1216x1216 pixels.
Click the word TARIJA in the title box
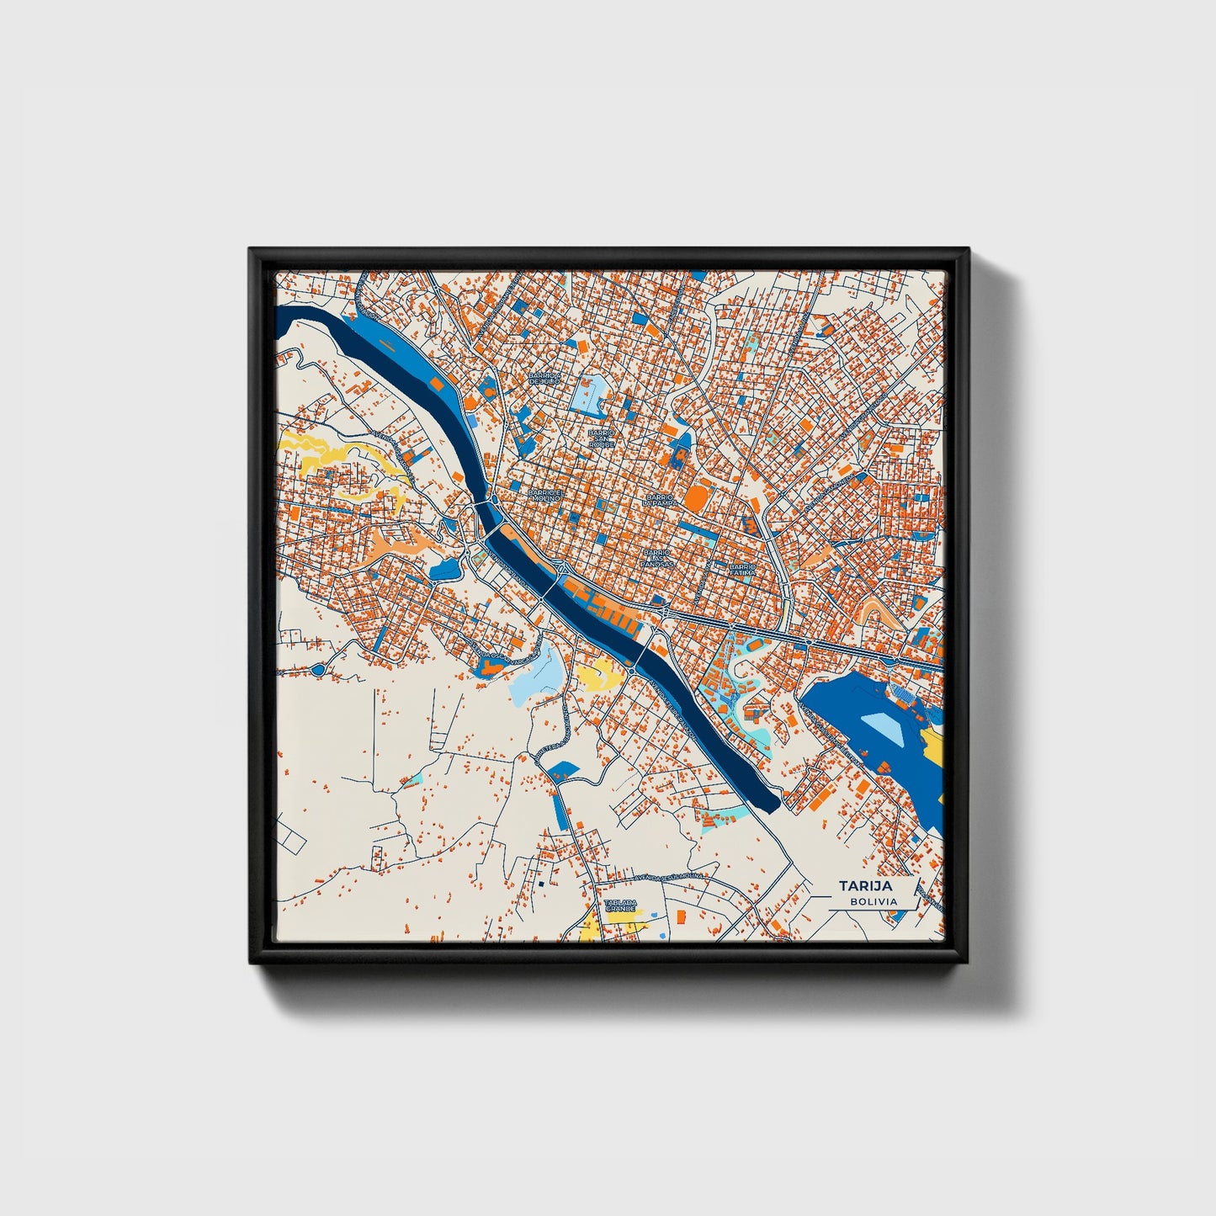coord(864,886)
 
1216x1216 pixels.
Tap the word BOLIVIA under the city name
coord(873,901)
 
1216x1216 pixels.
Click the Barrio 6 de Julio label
coord(544,379)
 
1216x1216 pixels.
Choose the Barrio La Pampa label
coord(660,499)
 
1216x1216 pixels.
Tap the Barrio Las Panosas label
coord(657,558)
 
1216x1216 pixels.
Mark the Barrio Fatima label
coord(743,571)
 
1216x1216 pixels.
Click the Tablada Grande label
coord(621,905)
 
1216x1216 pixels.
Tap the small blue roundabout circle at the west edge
coord(318,670)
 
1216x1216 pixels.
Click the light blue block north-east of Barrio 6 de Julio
coord(589,390)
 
